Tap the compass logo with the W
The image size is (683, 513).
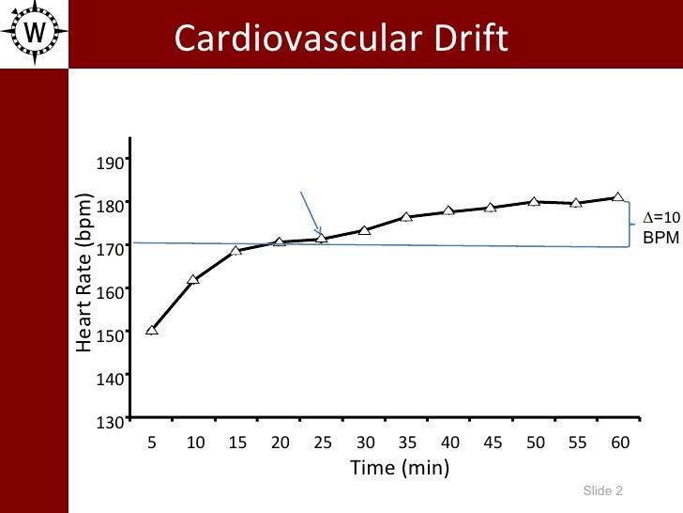(35, 31)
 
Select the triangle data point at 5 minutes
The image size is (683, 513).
(152, 330)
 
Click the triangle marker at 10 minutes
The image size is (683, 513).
(193, 280)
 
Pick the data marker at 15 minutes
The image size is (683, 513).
(235, 251)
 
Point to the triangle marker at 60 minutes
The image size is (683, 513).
(617, 197)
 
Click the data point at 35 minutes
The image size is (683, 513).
(406, 217)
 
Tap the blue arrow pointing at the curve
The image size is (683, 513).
(311, 214)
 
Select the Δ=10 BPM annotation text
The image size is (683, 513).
(660, 228)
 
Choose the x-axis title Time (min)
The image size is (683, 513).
(399, 467)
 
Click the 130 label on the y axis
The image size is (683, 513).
(111, 422)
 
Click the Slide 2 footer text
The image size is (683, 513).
(602, 491)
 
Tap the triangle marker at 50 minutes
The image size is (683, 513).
(533, 202)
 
